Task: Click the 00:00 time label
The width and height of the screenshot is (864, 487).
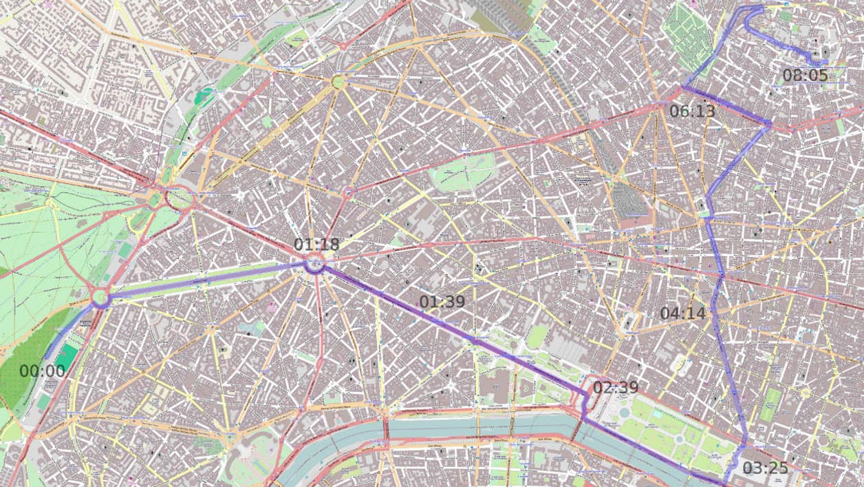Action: [x=42, y=371]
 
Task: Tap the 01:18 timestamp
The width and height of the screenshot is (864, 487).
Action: [x=316, y=245]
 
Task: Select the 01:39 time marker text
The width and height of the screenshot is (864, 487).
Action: [x=442, y=302]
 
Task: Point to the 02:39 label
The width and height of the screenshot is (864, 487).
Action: [x=616, y=388]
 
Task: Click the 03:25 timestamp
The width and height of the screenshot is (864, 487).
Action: [x=765, y=468]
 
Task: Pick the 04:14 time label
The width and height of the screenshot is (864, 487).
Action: [x=683, y=313]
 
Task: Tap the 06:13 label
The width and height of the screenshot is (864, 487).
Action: [x=692, y=111]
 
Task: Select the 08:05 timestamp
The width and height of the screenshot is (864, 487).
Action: [x=805, y=76]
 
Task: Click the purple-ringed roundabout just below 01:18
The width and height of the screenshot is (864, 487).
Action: [x=314, y=264]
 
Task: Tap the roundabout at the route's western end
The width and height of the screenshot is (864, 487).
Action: [x=100, y=298]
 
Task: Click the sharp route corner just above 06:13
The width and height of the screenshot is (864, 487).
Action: [x=683, y=87]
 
